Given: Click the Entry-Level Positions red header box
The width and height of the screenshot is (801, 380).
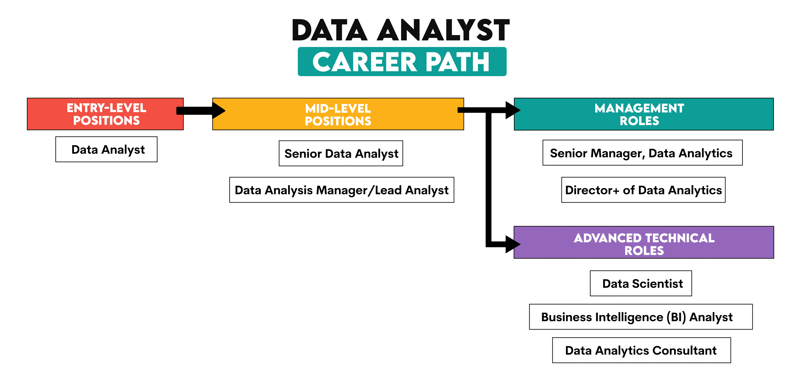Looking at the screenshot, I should (x=105, y=114).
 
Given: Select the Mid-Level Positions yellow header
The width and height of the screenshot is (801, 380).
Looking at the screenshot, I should (x=338, y=114).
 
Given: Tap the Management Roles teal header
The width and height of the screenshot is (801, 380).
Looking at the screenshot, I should (x=644, y=114).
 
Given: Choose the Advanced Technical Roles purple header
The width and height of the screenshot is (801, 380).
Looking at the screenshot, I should (x=644, y=242).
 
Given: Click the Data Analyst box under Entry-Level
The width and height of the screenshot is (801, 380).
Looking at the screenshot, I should (x=106, y=149).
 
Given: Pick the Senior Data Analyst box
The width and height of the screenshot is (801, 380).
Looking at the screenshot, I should (x=341, y=153).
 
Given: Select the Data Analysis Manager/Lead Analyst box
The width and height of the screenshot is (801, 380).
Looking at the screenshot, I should (x=341, y=190).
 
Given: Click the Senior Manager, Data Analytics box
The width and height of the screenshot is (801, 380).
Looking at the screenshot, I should (x=642, y=153).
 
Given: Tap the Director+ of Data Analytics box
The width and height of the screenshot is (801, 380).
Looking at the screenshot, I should (x=643, y=190).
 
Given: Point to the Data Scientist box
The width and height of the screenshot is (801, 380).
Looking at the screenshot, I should (x=641, y=283).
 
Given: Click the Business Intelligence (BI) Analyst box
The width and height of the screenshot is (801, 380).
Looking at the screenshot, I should (x=641, y=317).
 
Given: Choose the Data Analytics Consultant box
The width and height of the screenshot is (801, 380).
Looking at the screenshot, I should (x=641, y=350).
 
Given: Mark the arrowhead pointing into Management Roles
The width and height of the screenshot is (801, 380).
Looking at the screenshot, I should (x=513, y=110).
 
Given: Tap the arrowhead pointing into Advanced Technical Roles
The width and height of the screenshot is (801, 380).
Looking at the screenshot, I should (x=513, y=244).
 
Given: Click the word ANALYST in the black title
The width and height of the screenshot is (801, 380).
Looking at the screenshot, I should (x=443, y=30).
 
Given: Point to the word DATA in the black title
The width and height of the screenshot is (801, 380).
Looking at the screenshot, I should (x=330, y=30).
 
